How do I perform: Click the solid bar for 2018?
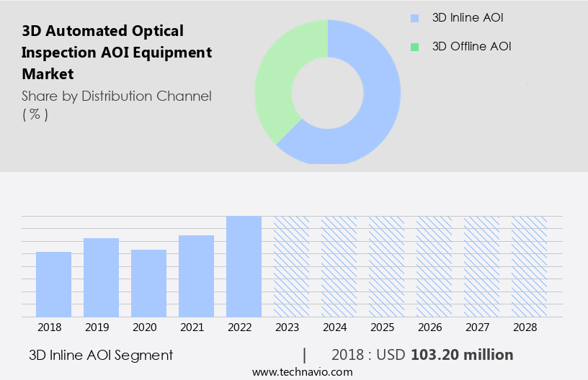tap(54, 284)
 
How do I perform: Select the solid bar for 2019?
tap(102, 277)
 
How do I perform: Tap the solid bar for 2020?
tap(149, 283)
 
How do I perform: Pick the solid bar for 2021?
tap(197, 276)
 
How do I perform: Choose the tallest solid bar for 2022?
tap(244, 266)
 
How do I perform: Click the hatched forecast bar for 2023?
tap(291, 266)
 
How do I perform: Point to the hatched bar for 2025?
tap(386, 266)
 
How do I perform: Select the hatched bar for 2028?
tap(529, 266)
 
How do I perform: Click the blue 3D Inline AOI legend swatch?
tap(414, 18)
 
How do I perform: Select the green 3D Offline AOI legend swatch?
tap(414, 47)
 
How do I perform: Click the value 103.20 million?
tap(462, 355)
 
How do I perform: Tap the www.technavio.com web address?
tap(302, 371)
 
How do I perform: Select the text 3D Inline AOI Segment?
tap(101, 355)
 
